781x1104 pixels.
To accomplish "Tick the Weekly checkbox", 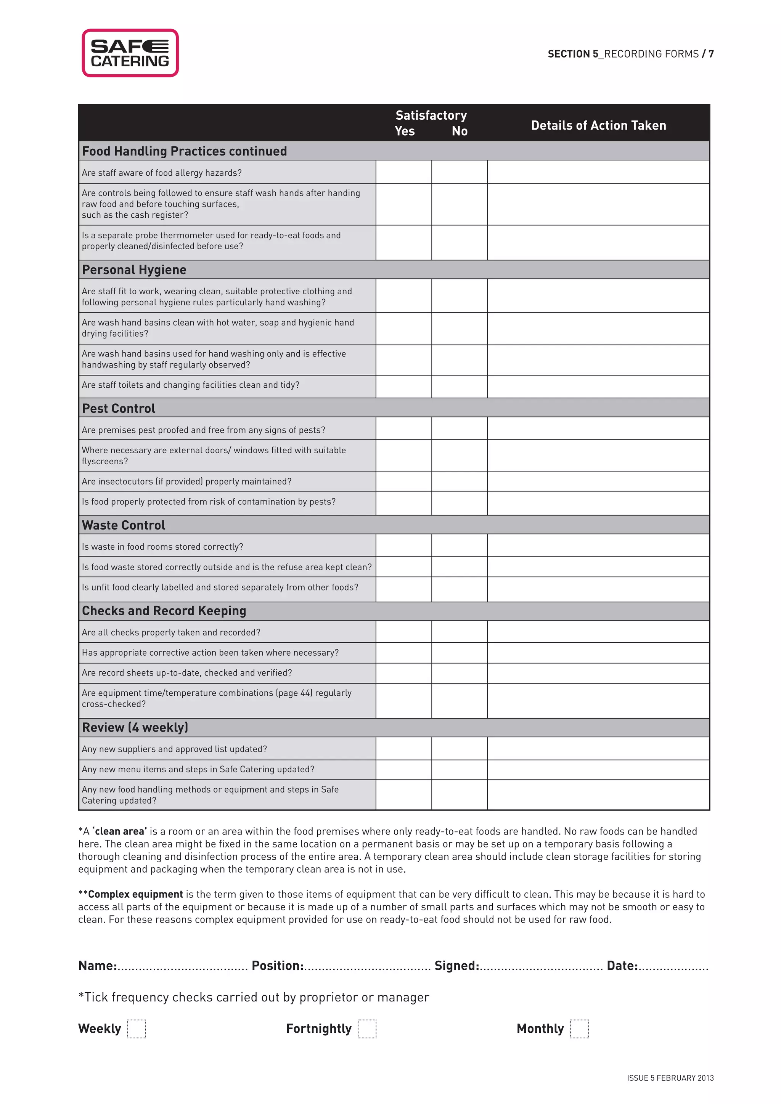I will [137, 1029].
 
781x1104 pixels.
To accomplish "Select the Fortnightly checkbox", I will [367, 1029].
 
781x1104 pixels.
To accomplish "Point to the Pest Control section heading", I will [119, 408].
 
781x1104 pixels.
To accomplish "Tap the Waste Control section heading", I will [124, 525].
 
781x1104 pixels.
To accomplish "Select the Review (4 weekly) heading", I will [135, 727].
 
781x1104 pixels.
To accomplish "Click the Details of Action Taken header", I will [598, 125].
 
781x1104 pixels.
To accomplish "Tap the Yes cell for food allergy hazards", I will [403, 172].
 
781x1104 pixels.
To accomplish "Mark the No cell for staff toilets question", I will [459, 386].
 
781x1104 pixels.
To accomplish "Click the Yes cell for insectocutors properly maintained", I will [403, 481].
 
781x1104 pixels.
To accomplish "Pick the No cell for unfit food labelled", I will [459, 589].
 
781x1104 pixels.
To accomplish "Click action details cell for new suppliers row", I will [598, 749].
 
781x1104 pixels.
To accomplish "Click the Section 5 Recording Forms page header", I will [630, 54].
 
